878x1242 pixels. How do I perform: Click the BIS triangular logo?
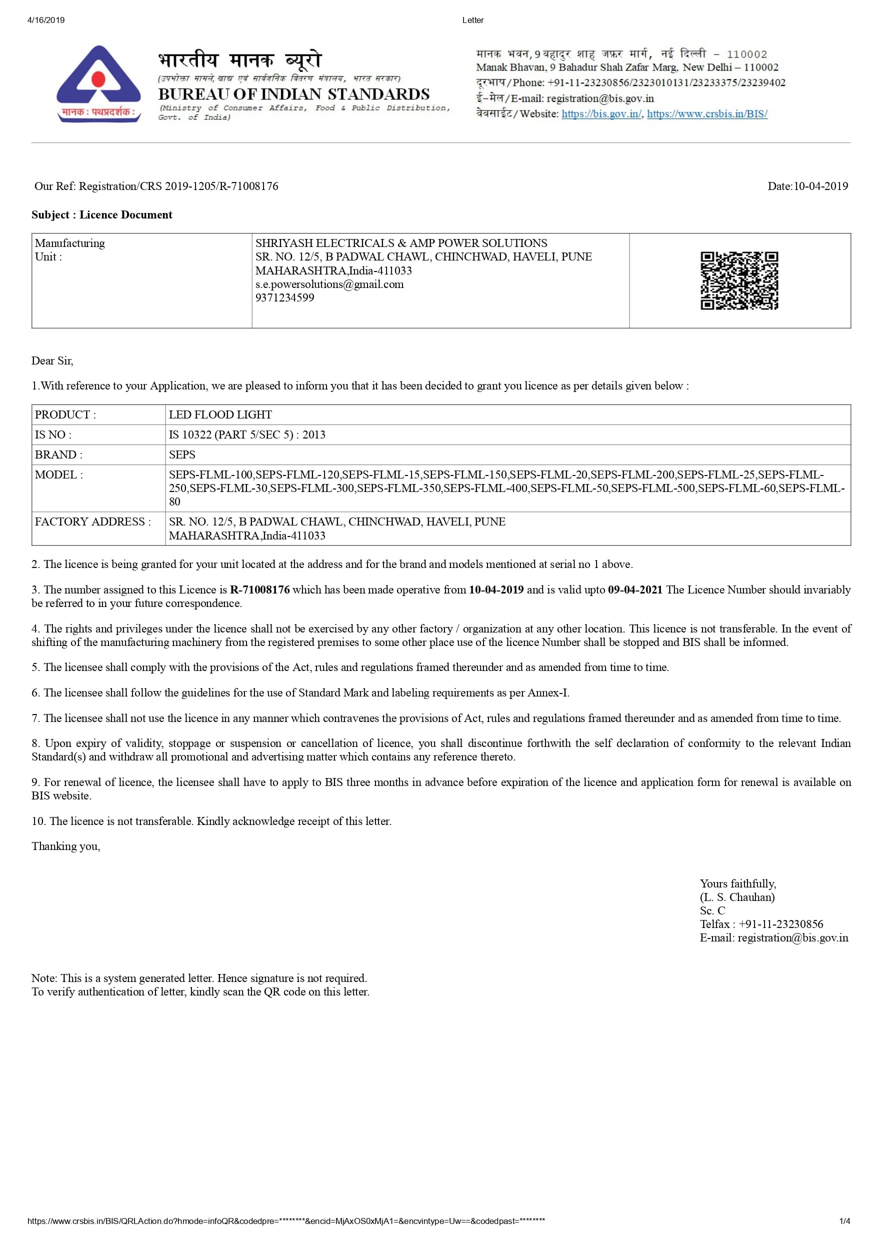(x=98, y=83)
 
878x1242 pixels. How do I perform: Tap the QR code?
(x=739, y=280)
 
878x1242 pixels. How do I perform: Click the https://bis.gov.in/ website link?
(x=601, y=113)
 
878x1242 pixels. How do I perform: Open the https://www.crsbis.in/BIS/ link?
(x=707, y=113)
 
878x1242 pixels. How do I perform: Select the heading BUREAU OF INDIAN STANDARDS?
(x=293, y=94)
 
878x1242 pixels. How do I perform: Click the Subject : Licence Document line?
(x=101, y=215)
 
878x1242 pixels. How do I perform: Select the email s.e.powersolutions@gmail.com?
(x=329, y=284)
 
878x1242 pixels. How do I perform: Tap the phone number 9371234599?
(x=284, y=297)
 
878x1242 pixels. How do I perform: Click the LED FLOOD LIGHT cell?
(x=220, y=414)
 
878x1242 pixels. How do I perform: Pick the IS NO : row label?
(x=53, y=434)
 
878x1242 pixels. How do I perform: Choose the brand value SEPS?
(x=182, y=454)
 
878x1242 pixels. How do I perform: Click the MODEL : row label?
(x=59, y=474)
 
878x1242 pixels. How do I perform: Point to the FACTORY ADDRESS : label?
(x=92, y=521)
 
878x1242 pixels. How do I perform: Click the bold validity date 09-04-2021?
(x=634, y=589)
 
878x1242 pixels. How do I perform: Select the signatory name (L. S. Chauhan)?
(x=737, y=897)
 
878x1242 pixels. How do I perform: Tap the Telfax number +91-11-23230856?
(x=780, y=924)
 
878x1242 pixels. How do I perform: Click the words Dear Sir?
(x=52, y=361)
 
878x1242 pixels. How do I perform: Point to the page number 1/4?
(x=844, y=1221)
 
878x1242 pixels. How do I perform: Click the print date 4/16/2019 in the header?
(x=46, y=20)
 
